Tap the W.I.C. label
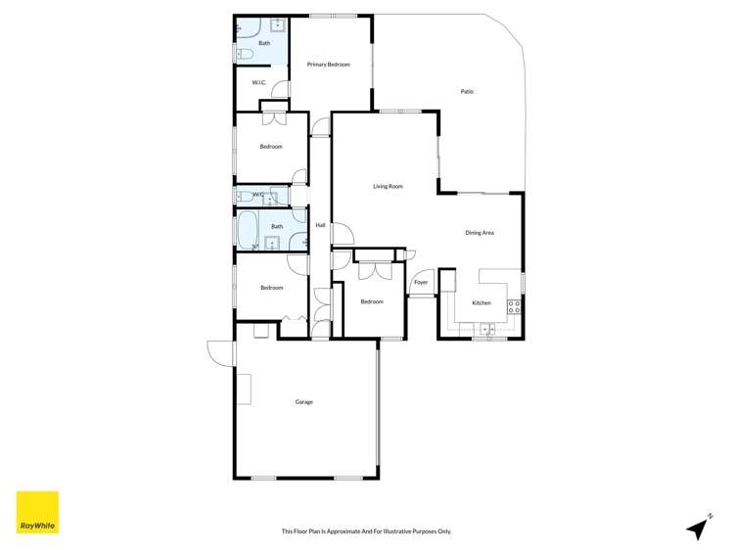tap(259, 82)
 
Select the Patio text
tap(467, 92)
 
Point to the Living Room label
tap(388, 186)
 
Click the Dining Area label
tap(479, 232)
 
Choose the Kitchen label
tap(481, 303)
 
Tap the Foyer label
tap(421, 283)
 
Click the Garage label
tap(304, 401)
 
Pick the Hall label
tap(320, 225)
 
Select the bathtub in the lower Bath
tap(248, 233)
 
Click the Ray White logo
tap(37, 512)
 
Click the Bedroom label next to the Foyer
tap(372, 301)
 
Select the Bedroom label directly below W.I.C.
tap(271, 147)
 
